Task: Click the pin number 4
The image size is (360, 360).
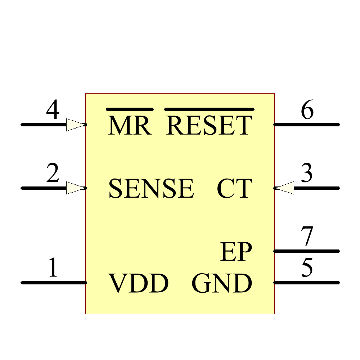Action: click(x=53, y=111)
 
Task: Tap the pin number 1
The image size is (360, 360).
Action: click(x=53, y=268)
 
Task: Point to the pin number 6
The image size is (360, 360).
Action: click(x=307, y=111)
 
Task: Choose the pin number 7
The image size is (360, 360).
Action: click(x=307, y=237)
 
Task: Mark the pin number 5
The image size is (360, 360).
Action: click(x=307, y=268)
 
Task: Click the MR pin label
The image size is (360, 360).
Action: click(x=130, y=126)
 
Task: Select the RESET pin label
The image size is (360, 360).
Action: click(x=209, y=126)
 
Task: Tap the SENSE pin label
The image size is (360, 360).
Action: click(x=151, y=189)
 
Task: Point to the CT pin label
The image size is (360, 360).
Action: click(x=234, y=189)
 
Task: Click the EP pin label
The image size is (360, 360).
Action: click(x=236, y=252)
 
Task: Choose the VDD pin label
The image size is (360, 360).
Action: click(x=139, y=284)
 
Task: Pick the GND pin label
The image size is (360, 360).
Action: click(x=222, y=284)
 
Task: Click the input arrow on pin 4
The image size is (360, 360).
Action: click(x=76, y=125)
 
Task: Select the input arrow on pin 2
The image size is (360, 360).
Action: click(x=76, y=188)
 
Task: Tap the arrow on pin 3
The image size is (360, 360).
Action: click(x=284, y=188)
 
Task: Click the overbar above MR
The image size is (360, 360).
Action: click(x=130, y=109)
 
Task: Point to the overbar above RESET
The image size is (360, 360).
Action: click(x=209, y=109)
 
